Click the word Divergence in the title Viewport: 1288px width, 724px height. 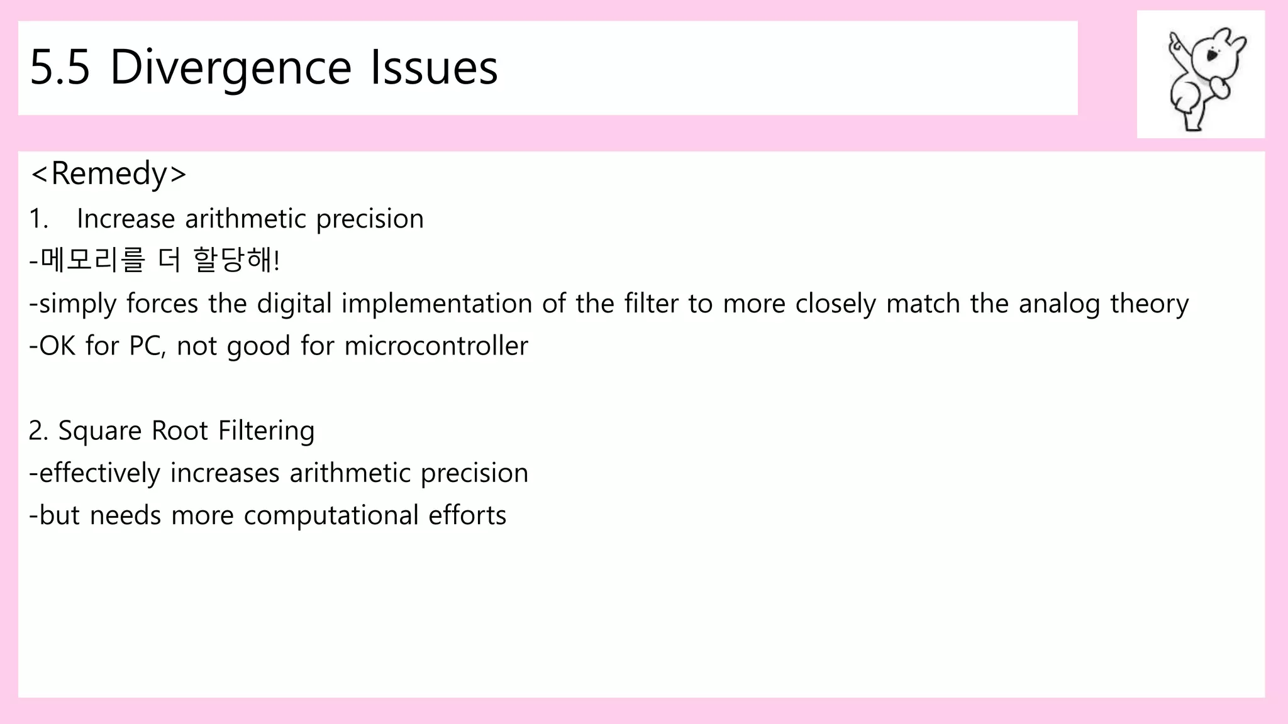pyautogui.click(x=230, y=68)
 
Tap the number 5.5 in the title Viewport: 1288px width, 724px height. pyautogui.click(x=60, y=68)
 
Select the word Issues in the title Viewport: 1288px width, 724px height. pyautogui.click(x=434, y=68)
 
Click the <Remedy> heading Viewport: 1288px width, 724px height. pyautogui.click(x=108, y=173)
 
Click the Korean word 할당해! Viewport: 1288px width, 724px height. pyautogui.click(x=236, y=260)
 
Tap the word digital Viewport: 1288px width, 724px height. pyautogui.click(x=294, y=304)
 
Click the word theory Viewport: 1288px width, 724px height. pyautogui.click(x=1149, y=304)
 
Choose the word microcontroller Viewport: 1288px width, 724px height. pyautogui.click(x=436, y=346)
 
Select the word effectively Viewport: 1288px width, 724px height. pyautogui.click(x=99, y=473)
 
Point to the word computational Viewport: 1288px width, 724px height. pyautogui.click(x=331, y=516)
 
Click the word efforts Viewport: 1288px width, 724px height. pyautogui.click(x=467, y=516)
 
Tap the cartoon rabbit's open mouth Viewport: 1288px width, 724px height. pyautogui.click(x=1213, y=56)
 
